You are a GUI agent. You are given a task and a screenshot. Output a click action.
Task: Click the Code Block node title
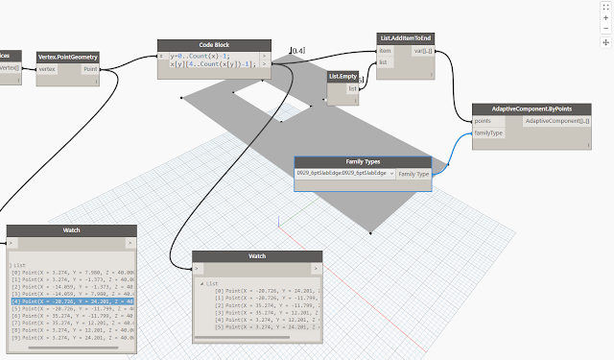coord(214,45)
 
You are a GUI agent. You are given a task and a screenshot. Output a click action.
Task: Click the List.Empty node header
coord(344,76)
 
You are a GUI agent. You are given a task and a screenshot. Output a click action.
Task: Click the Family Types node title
coord(362,162)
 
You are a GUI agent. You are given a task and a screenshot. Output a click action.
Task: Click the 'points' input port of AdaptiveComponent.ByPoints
coord(482,122)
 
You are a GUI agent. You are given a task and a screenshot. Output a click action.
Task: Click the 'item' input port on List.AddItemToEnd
coord(386,51)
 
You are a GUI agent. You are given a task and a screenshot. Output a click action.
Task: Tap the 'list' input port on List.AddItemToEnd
coord(384,61)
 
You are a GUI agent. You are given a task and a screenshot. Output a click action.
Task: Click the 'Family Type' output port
coord(413,174)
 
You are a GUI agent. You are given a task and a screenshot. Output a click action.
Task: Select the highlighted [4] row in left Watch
coord(72,300)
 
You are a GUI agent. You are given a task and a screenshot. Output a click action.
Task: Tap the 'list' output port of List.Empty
coord(353,88)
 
